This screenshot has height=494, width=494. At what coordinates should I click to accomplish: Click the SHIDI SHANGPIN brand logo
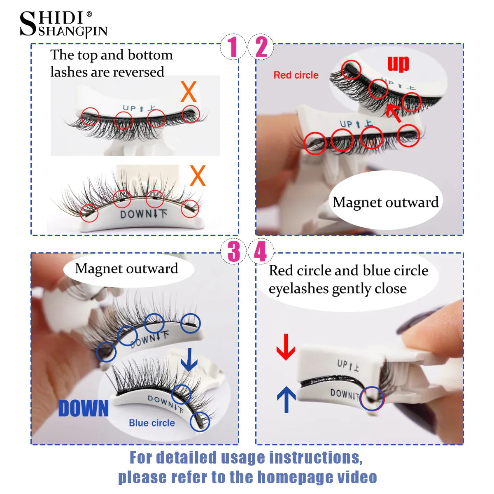point(63,25)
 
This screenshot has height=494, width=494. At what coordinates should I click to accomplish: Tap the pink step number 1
point(233,47)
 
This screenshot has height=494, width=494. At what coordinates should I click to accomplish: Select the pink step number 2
point(261,47)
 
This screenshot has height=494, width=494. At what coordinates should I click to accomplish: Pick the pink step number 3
point(233,252)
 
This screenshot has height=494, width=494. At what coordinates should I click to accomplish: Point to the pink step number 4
point(261,252)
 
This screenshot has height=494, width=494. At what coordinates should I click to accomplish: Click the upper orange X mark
point(189,92)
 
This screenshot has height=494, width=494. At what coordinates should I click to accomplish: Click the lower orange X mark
point(198,176)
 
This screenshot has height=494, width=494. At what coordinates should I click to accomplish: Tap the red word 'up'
point(398,63)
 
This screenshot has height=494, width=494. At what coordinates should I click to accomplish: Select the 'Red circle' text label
point(296,75)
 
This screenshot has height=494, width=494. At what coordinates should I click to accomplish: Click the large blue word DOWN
point(84,408)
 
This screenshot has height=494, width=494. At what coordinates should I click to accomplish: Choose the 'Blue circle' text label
point(152,423)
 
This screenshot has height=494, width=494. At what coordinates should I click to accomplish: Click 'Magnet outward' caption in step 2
point(386,203)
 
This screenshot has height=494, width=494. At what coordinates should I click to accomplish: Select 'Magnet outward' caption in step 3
point(127,269)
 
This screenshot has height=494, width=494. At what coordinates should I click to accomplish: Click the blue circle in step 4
point(372,398)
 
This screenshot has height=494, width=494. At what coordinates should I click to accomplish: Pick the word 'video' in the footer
point(357,477)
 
